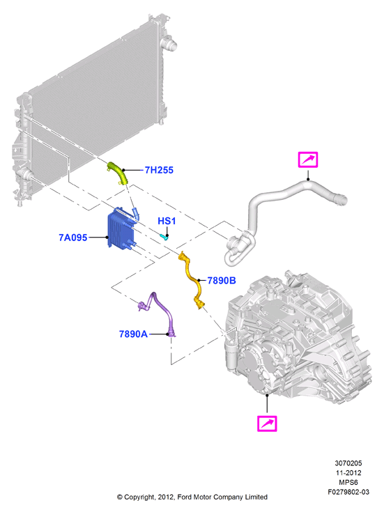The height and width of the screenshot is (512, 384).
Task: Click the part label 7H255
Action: click(x=159, y=170)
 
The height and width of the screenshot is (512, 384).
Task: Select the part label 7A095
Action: click(x=73, y=238)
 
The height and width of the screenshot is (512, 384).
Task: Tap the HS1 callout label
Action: click(x=167, y=221)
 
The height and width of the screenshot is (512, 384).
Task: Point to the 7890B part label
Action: click(x=222, y=281)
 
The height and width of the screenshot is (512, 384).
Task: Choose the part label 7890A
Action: click(x=133, y=334)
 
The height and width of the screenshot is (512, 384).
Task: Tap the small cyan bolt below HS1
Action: click(x=164, y=236)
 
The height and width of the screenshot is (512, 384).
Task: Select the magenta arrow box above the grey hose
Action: click(x=308, y=160)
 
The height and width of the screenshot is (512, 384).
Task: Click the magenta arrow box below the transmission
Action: click(x=267, y=424)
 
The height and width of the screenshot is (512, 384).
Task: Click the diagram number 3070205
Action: click(x=348, y=463)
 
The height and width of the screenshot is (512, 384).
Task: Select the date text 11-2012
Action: click(x=348, y=472)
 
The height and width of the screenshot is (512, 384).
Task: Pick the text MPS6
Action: click(x=348, y=482)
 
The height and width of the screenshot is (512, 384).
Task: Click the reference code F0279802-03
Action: click(x=348, y=492)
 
